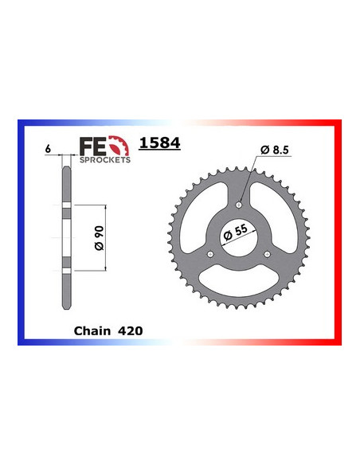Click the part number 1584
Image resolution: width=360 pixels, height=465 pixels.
159,143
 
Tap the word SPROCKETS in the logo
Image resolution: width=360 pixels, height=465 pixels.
105,159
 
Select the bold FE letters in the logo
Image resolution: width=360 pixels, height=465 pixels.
93,147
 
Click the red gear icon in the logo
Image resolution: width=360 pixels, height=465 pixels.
119,146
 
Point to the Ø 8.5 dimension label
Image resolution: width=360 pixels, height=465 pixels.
274,150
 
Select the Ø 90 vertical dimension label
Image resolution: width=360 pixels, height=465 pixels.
100,238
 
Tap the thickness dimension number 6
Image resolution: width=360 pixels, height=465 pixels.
48,149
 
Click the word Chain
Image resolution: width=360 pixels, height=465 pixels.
92,330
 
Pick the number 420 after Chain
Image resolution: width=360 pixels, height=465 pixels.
130,330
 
